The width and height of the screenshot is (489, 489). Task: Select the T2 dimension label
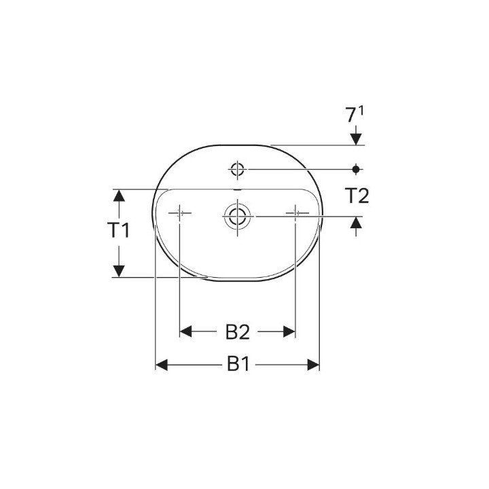pos(357,196)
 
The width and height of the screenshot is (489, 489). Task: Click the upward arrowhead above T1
pos(119,196)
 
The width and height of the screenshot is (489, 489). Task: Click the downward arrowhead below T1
pos(119,270)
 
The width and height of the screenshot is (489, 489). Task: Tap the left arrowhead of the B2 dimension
pos(186,331)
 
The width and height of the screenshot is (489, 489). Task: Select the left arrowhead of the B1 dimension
pos(162,365)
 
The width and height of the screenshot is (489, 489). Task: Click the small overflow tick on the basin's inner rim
pos(237,187)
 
